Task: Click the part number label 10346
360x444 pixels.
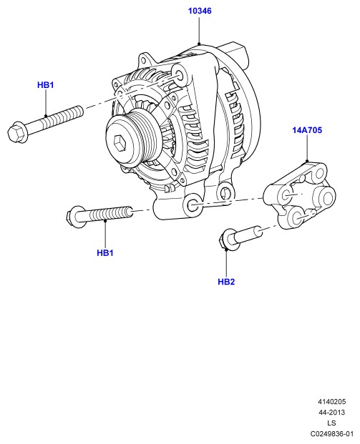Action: (x=200, y=11)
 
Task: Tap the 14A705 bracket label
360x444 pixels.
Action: (x=307, y=130)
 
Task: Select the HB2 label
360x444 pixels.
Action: (x=226, y=282)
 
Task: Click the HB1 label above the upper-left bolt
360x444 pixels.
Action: (x=45, y=85)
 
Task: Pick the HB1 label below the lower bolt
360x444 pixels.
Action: (x=105, y=252)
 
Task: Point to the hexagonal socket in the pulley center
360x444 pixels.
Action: (x=120, y=142)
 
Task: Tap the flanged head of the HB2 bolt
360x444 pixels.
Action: (x=229, y=240)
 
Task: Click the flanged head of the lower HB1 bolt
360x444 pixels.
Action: (x=77, y=217)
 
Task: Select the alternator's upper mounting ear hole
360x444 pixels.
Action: (x=179, y=75)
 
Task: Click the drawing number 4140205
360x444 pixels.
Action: (x=331, y=402)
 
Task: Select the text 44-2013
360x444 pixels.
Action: (x=331, y=413)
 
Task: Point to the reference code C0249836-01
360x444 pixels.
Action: (x=331, y=434)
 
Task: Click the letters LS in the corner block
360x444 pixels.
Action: (x=331, y=423)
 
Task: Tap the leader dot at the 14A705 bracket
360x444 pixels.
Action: (x=307, y=161)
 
